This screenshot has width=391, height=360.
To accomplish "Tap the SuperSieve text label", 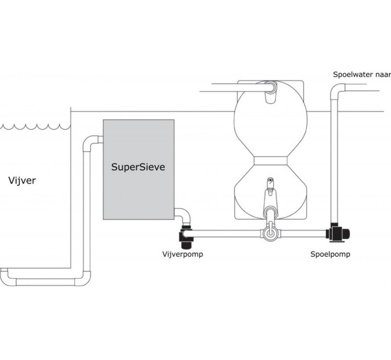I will (138, 167).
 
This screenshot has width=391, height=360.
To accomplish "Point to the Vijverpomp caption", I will (182, 254).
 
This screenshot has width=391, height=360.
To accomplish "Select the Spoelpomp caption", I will (330, 254).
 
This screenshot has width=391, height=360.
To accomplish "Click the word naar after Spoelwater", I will (383, 75).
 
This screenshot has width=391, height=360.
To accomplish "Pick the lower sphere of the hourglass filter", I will (270, 189).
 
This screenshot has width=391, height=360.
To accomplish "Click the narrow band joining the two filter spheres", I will (270, 161).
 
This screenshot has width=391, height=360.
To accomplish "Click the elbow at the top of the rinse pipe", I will (336, 91).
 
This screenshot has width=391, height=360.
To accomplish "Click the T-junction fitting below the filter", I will (270, 233).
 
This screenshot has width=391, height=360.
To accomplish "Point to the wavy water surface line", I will (35, 127).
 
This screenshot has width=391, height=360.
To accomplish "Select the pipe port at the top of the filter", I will (272, 88).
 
